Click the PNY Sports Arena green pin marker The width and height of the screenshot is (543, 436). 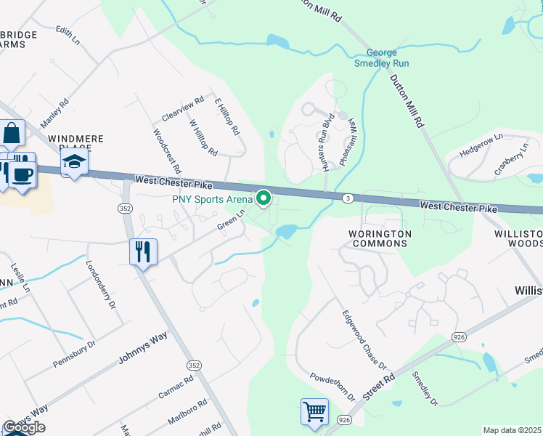pos(264,198)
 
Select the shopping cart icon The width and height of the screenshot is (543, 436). pos(314,411)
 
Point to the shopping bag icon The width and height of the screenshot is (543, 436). pos(12,134)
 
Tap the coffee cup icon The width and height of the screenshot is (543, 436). pos(22,175)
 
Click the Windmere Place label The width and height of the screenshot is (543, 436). pos(75,142)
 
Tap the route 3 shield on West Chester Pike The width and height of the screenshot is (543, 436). pos(349,198)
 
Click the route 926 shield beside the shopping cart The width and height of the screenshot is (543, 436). pos(344,420)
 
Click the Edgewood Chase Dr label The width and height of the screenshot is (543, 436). pos(364,340)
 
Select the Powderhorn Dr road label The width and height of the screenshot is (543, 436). pos(332,387)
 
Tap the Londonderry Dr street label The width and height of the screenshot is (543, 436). pos(101,286)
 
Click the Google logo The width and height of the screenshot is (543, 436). pos(24,427)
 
